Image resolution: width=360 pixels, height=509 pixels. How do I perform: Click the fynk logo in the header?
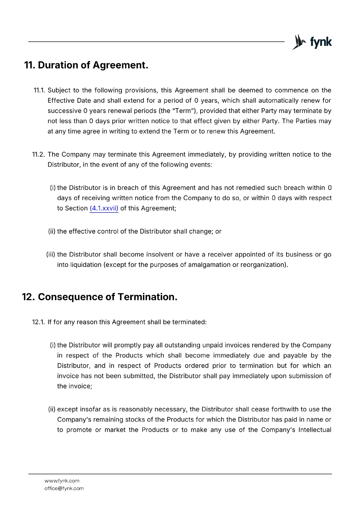click(x=312, y=42)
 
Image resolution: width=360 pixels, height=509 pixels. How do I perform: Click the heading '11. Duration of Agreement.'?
click(x=86, y=65)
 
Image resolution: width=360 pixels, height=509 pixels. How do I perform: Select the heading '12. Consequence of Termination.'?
click(x=100, y=297)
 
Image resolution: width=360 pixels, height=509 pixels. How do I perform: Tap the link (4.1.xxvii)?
click(x=104, y=208)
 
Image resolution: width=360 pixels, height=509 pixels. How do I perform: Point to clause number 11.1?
click(x=39, y=90)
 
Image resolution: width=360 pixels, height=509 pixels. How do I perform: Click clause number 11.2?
click(x=39, y=155)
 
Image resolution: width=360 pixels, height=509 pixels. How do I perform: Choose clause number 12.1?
click(x=39, y=322)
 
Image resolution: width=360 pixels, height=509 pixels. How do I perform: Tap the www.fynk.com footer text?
click(x=62, y=481)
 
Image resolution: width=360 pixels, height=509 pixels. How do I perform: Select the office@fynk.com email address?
click(x=64, y=488)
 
